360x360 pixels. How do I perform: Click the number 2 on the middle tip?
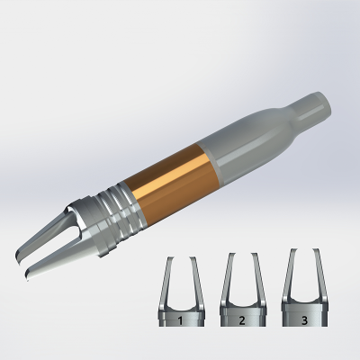click(x=243, y=319)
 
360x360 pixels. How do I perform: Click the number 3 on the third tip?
click(x=304, y=319)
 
